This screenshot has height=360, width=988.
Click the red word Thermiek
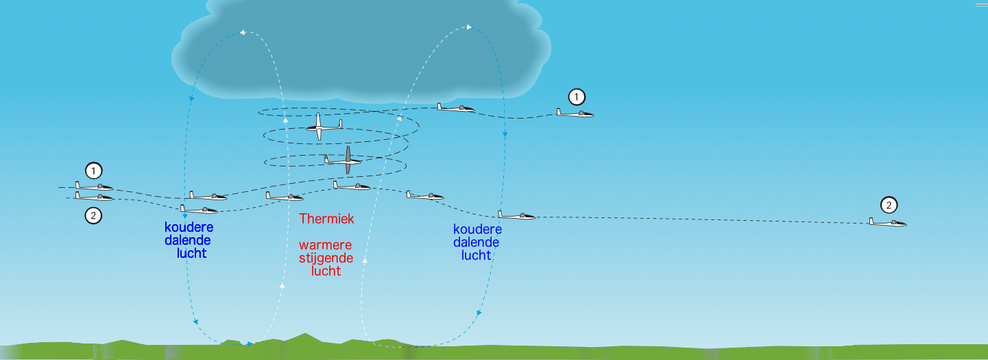pos(326,219)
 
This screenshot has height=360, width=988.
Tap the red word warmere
pos(326,245)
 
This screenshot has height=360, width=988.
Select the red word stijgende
pos(326,258)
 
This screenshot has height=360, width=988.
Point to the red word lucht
pos(326,271)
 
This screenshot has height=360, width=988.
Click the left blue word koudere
pos(189,227)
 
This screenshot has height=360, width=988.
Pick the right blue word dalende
pos(476,242)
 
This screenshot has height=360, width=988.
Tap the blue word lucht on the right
pos(476,255)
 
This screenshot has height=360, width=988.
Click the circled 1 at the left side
pos(93,171)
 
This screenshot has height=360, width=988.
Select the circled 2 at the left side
pos(93,216)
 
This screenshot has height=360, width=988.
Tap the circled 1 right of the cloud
pos(577,97)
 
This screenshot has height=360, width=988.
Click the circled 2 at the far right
pos(889,205)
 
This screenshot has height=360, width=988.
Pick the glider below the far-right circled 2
pos(887,222)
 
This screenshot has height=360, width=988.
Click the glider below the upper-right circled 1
pos(575,113)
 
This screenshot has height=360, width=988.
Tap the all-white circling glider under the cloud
pos(324,127)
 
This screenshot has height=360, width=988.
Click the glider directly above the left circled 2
pos(94,196)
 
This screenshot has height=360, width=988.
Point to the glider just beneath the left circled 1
pos(94,187)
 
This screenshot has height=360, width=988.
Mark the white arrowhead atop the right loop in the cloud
pos(469,27)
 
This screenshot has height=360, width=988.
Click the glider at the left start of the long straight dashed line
pos(516,215)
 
